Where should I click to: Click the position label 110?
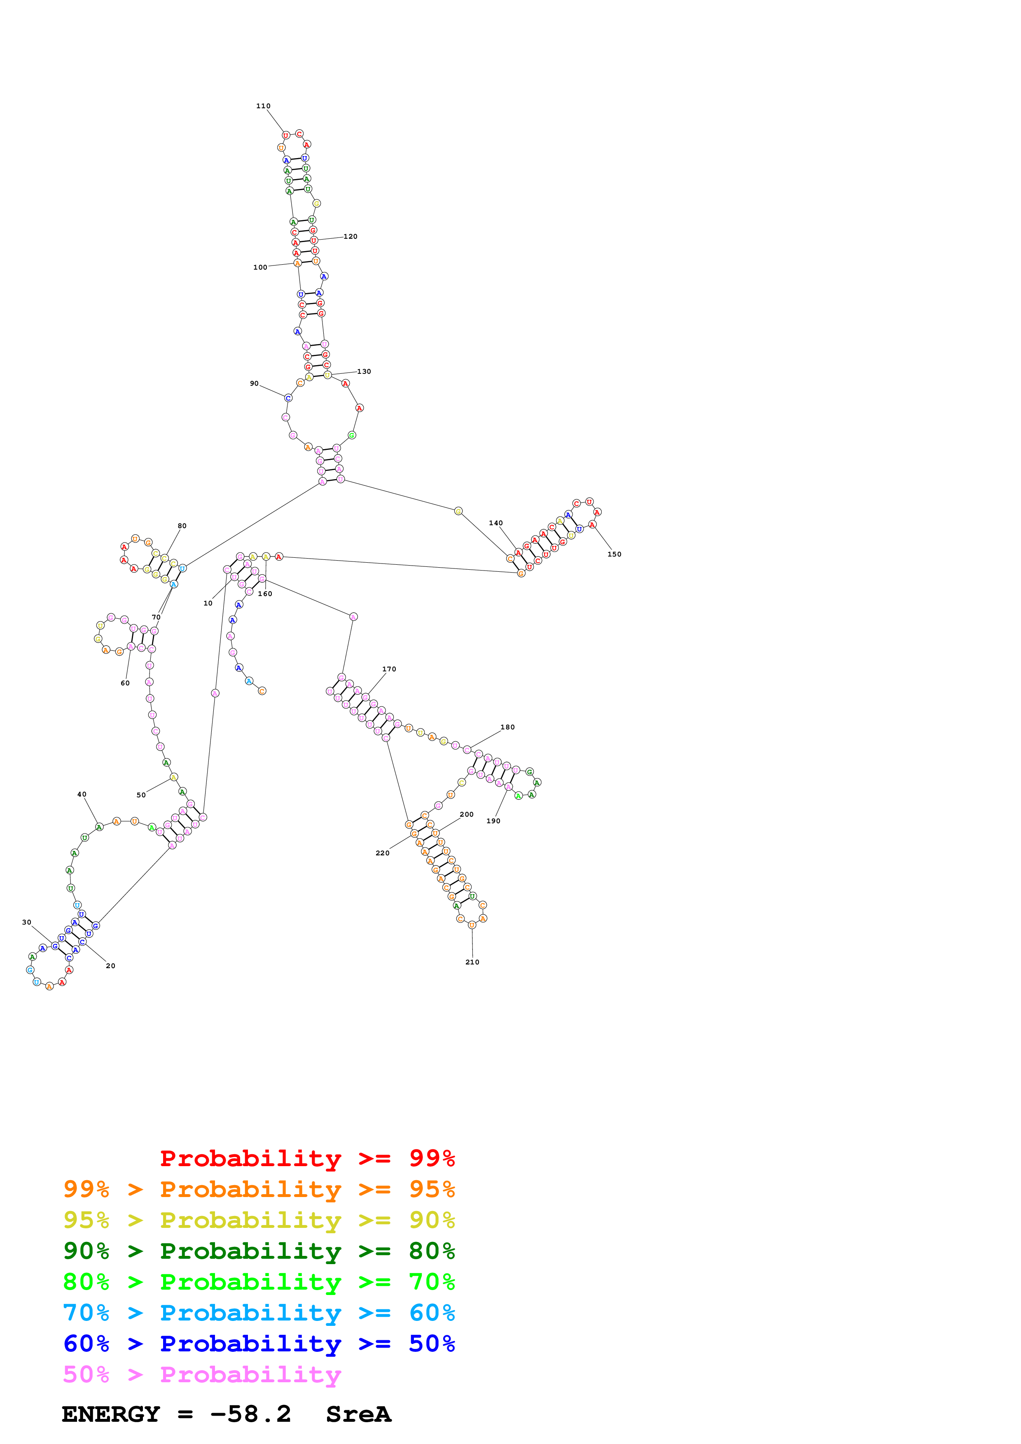263,106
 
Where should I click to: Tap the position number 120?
350,236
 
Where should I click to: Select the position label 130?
364,372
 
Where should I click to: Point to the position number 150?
614,554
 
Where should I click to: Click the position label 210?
472,962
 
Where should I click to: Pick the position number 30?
26,922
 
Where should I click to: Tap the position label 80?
182,526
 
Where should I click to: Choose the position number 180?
508,727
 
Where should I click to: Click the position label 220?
383,853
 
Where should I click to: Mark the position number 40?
82,794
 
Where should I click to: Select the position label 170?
389,669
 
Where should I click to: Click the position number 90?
254,384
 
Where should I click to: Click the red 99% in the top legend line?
432,1158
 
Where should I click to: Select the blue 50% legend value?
432,1344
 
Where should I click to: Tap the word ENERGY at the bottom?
111,1414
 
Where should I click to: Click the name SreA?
359,1414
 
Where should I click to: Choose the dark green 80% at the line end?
432,1251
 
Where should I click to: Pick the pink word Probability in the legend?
250,1375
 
